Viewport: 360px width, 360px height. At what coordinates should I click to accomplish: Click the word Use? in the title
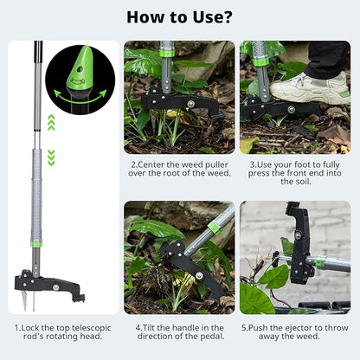coord(212,17)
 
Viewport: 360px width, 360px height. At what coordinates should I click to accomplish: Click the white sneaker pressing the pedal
coord(310,89)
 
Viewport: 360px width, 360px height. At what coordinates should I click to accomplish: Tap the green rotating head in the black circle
coord(80,67)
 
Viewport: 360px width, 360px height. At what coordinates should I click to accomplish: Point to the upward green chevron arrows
coord(51,122)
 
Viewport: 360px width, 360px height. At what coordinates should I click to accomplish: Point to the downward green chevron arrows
coord(51,157)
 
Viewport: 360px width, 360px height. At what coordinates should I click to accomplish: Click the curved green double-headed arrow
coord(80,97)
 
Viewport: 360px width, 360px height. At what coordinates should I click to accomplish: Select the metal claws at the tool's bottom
coord(29,300)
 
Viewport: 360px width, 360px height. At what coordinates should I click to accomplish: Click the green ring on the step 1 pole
coord(36,244)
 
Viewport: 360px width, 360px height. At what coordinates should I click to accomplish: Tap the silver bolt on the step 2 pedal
coord(190,104)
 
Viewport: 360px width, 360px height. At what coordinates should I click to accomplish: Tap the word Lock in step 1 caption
coord(30,328)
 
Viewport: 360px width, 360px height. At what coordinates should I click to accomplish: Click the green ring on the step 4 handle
coord(214,228)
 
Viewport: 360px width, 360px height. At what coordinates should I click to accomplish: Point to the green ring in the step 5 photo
coord(318,261)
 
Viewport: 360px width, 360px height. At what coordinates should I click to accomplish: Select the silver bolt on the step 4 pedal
coord(199,275)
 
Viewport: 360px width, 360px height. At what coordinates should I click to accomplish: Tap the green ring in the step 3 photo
coord(261,61)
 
